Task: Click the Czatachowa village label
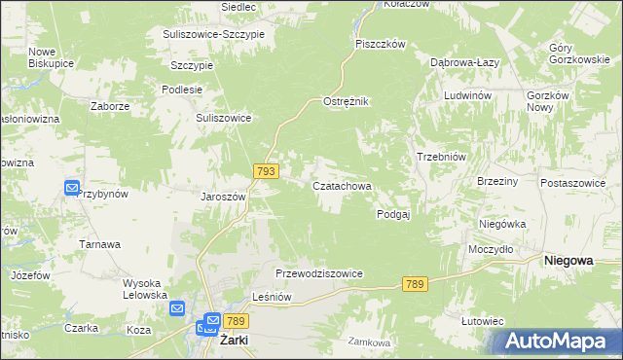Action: point(342,185)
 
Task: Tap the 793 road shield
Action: point(267,171)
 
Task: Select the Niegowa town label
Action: point(569,260)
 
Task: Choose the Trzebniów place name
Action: point(443,158)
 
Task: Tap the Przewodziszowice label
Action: point(319,274)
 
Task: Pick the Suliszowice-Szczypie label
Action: point(220,33)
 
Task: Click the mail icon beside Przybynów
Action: point(72,188)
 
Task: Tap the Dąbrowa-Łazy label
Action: point(465,61)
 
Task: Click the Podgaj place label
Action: point(393,215)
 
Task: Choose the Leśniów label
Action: point(272,299)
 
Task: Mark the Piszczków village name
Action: point(380,44)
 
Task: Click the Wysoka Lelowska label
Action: point(145,289)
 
